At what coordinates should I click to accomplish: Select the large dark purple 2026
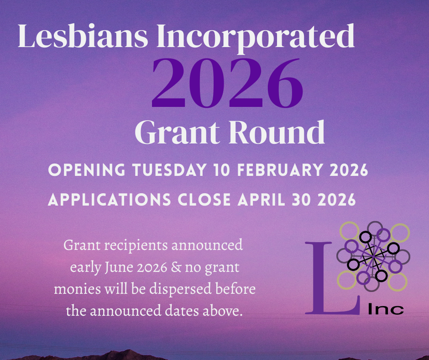point(227,82)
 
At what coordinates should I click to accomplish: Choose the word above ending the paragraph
point(222,311)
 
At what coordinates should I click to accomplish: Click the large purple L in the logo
point(328,279)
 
